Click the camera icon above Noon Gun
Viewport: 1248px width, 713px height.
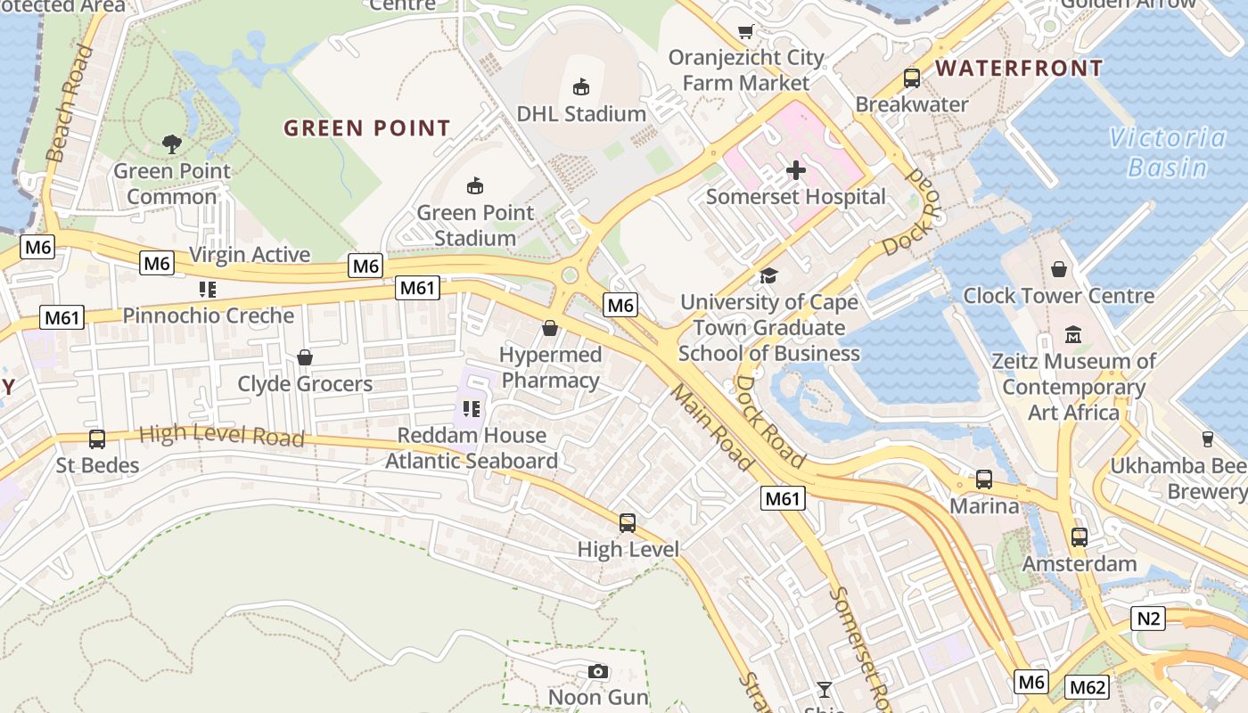coord(598,671)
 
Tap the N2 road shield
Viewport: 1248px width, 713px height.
coord(1148,618)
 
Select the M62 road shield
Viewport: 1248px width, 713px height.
coord(1088,687)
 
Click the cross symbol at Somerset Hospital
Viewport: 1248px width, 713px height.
coord(796,170)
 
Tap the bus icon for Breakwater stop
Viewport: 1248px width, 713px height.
coord(912,78)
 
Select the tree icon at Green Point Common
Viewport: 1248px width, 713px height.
coord(171,143)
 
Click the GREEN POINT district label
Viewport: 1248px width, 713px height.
coord(367,128)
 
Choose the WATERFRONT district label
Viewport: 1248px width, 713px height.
coord(1019,69)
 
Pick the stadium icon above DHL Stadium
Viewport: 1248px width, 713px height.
coord(581,86)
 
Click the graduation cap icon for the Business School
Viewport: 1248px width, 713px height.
coord(768,276)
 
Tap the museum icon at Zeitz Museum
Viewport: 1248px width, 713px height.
coord(1073,336)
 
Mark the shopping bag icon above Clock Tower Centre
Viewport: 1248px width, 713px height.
coord(1059,269)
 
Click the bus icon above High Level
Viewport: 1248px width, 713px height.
coord(628,523)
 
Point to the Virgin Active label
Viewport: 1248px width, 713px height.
coord(250,255)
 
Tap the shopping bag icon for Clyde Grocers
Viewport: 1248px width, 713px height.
coord(305,357)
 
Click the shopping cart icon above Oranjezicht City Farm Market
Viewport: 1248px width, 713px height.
coord(746,32)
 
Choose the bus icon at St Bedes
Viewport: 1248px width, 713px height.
coord(97,439)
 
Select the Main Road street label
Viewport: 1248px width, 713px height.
coord(712,428)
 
